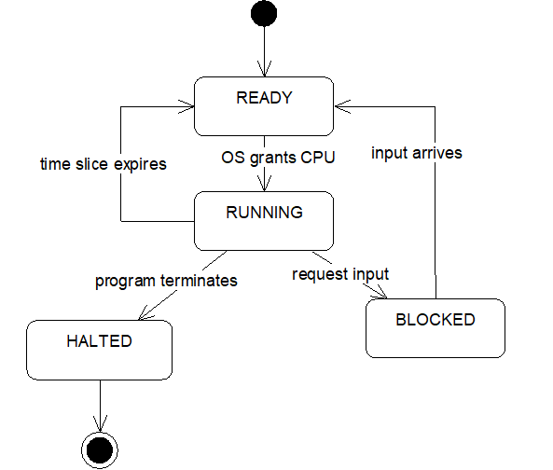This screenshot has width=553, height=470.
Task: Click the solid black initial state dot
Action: pos(264,13)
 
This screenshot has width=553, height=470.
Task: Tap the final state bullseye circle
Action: pos(100,450)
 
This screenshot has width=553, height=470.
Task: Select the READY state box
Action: pos(264,106)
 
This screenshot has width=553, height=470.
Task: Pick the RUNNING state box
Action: pos(264,221)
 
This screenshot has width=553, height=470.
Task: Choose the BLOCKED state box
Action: pos(435,328)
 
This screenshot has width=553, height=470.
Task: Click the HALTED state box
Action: pos(100,350)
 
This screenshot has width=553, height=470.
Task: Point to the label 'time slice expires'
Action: pos(104,164)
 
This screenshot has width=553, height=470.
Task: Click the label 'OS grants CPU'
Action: pos(278,158)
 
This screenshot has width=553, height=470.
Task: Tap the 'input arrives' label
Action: pos(417,153)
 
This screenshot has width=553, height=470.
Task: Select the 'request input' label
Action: pos(340,274)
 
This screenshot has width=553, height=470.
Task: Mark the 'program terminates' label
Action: pos(167,281)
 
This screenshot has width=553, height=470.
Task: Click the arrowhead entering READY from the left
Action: pos(187,106)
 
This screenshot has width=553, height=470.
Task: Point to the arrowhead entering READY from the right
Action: pos(342,106)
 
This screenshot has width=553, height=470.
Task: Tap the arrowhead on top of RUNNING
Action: pos(264,184)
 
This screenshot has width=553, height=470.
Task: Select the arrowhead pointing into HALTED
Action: pos(146,313)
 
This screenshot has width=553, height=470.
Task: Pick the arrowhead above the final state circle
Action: pos(100,423)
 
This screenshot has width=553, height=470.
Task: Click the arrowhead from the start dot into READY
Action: pos(264,68)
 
